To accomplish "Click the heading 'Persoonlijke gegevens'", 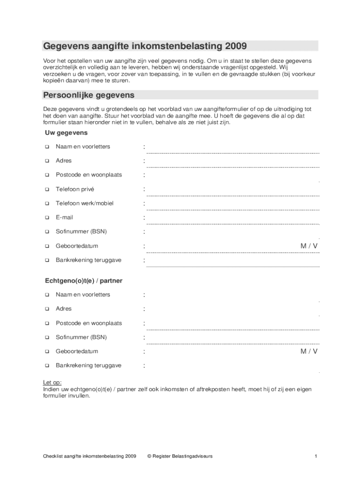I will (x=89, y=95).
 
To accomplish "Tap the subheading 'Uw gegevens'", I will (x=63, y=133).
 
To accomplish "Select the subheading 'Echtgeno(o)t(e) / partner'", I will (x=84, y=281).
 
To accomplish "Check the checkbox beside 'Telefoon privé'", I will (x=47, y=189).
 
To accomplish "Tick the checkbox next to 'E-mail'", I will (x=47, y=218).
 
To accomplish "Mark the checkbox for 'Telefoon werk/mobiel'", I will (x=47, y=203).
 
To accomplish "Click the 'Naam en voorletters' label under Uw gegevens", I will (x=83, y=146).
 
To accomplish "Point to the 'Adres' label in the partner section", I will (x=64, y=309).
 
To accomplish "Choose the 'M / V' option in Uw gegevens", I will (x=309, y=246).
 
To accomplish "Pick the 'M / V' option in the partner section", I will (x=309, y=351).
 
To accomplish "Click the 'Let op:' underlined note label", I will (x=52, y=382).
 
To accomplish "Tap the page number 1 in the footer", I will (x=316, y=456).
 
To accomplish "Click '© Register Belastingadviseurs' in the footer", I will (x=180, y=456).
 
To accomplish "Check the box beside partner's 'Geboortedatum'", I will (x=47, y=351).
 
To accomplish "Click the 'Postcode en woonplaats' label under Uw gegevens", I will (x=88, y=175).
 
